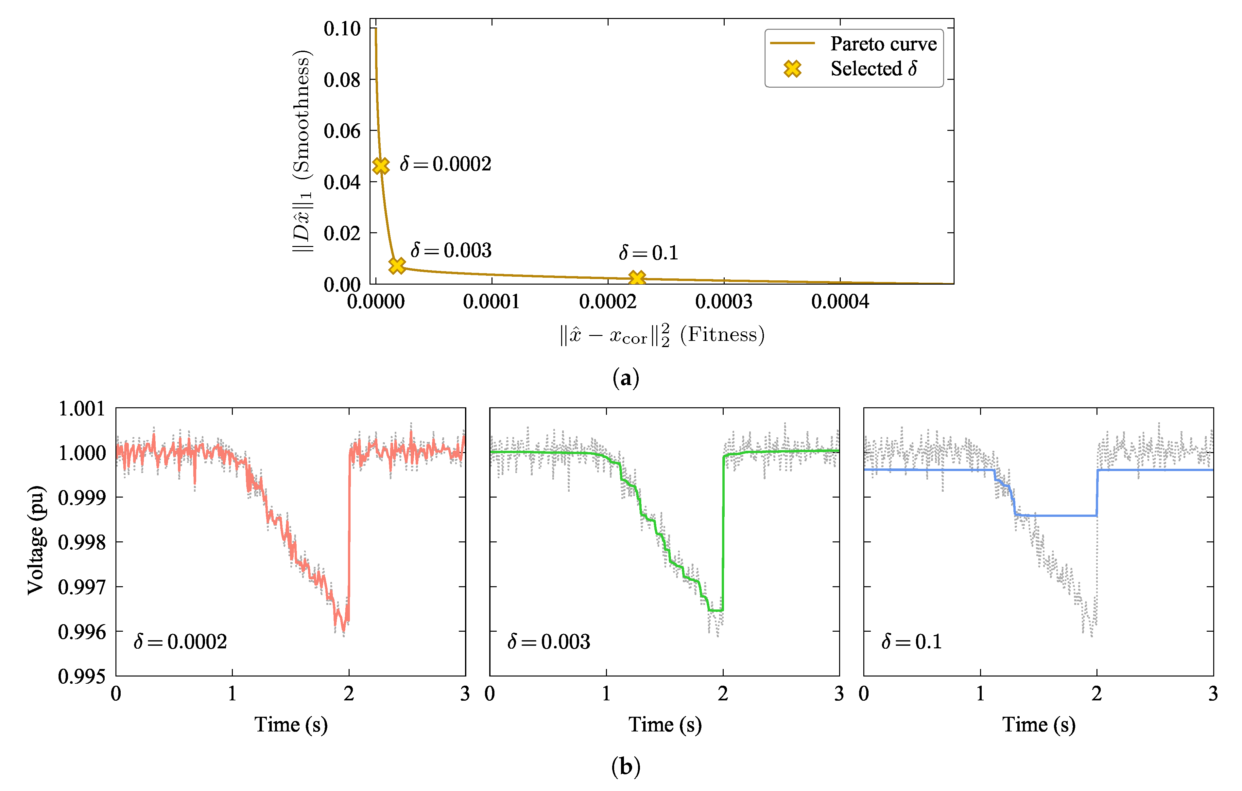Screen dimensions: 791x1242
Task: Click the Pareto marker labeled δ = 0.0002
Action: click(381, 166)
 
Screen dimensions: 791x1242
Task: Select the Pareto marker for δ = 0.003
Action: click(397, 265)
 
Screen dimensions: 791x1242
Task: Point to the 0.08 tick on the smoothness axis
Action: click(342, 80)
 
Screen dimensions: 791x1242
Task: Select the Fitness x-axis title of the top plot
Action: click(662, 335)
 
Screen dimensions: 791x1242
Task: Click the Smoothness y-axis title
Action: click(302, 151)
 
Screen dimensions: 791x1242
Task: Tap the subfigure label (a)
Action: click(626, 378)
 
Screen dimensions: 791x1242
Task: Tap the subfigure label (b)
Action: click(626, 767)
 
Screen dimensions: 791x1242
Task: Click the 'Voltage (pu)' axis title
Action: click(36, 540)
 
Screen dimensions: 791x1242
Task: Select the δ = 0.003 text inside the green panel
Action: click(548, 642)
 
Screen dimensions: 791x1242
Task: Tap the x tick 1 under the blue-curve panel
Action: click(980, 694)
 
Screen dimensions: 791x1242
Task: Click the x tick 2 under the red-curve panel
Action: click(349, 694)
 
